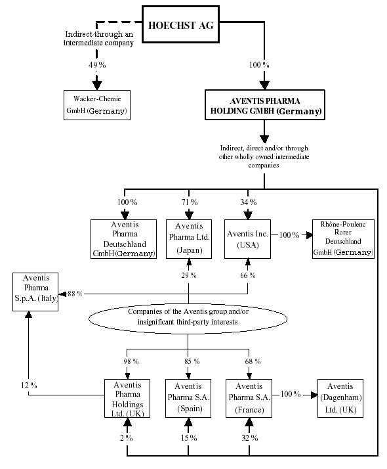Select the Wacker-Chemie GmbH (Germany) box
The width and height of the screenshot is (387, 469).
97,106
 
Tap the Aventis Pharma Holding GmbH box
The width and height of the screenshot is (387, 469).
264,106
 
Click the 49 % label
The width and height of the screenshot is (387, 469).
97,66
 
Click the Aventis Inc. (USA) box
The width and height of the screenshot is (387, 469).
249,238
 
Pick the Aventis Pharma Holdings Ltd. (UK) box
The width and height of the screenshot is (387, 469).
127,398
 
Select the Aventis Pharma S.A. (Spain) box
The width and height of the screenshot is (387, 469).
188,398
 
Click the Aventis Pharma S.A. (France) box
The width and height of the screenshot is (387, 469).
249,398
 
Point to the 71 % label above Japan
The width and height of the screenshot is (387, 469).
188,202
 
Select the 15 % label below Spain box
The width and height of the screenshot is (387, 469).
188,437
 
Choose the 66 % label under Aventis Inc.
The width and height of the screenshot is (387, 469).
249,275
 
